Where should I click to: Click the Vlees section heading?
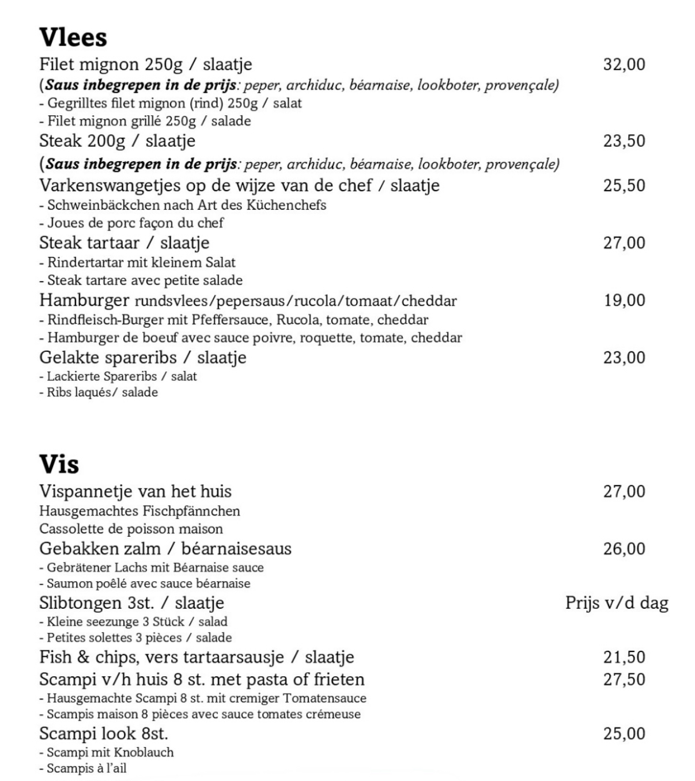click(x=73, y=37)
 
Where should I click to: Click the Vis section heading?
click(x=59, y=464)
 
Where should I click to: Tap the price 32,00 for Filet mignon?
click(x=624, y=64)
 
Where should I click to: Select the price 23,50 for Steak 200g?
click(x=624, y=141)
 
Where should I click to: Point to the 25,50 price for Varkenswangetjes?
click(x=624, y=185)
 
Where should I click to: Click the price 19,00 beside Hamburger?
click(x=624, y=300)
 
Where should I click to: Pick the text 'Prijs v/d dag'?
click(x=617, y=603)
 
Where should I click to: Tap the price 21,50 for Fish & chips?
click(x=624, y=657)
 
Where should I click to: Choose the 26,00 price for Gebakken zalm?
click(x=624, y=548)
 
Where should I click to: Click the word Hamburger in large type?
click(x=84, y=300)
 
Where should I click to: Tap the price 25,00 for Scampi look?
click(x=624, y=734)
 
